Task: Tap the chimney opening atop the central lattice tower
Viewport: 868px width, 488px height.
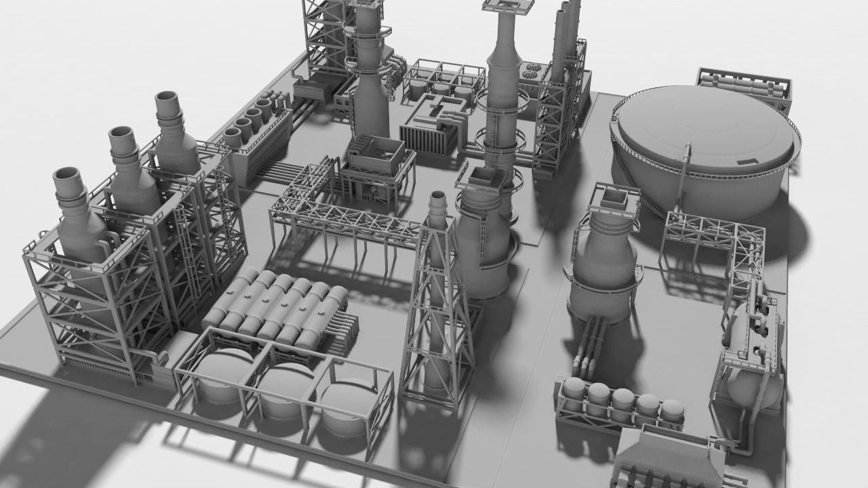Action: pos(438,197)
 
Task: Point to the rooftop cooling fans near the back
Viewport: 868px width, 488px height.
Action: pos(533,70)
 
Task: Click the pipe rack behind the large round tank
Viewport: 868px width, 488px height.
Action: pos(745,85)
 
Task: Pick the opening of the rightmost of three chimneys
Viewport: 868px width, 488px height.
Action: pos(168,102)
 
